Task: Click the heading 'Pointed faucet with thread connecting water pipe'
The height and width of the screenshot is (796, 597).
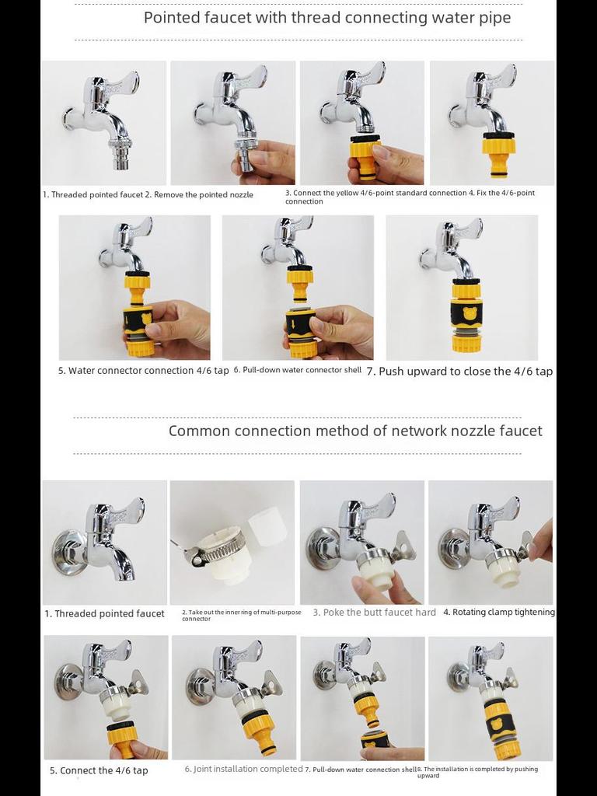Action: point(327,18)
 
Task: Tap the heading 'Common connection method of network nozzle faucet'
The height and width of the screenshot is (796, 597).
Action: point(355,431)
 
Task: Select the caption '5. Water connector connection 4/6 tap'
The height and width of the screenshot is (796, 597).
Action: point(144,371)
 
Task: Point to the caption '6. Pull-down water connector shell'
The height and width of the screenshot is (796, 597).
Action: point(298,370)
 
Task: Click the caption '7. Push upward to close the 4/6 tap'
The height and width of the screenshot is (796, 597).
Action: point(459,371)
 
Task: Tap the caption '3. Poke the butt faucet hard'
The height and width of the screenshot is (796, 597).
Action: point(374,613)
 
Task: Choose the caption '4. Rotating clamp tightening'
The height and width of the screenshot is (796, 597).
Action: point(499,613)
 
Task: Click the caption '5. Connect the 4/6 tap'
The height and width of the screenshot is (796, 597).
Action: point(99,770)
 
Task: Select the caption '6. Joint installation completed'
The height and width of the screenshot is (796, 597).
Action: point(243,769)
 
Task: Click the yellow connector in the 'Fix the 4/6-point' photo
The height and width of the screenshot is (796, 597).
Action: point(498,152)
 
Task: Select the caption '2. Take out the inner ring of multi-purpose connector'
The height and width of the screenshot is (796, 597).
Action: point(242,616)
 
